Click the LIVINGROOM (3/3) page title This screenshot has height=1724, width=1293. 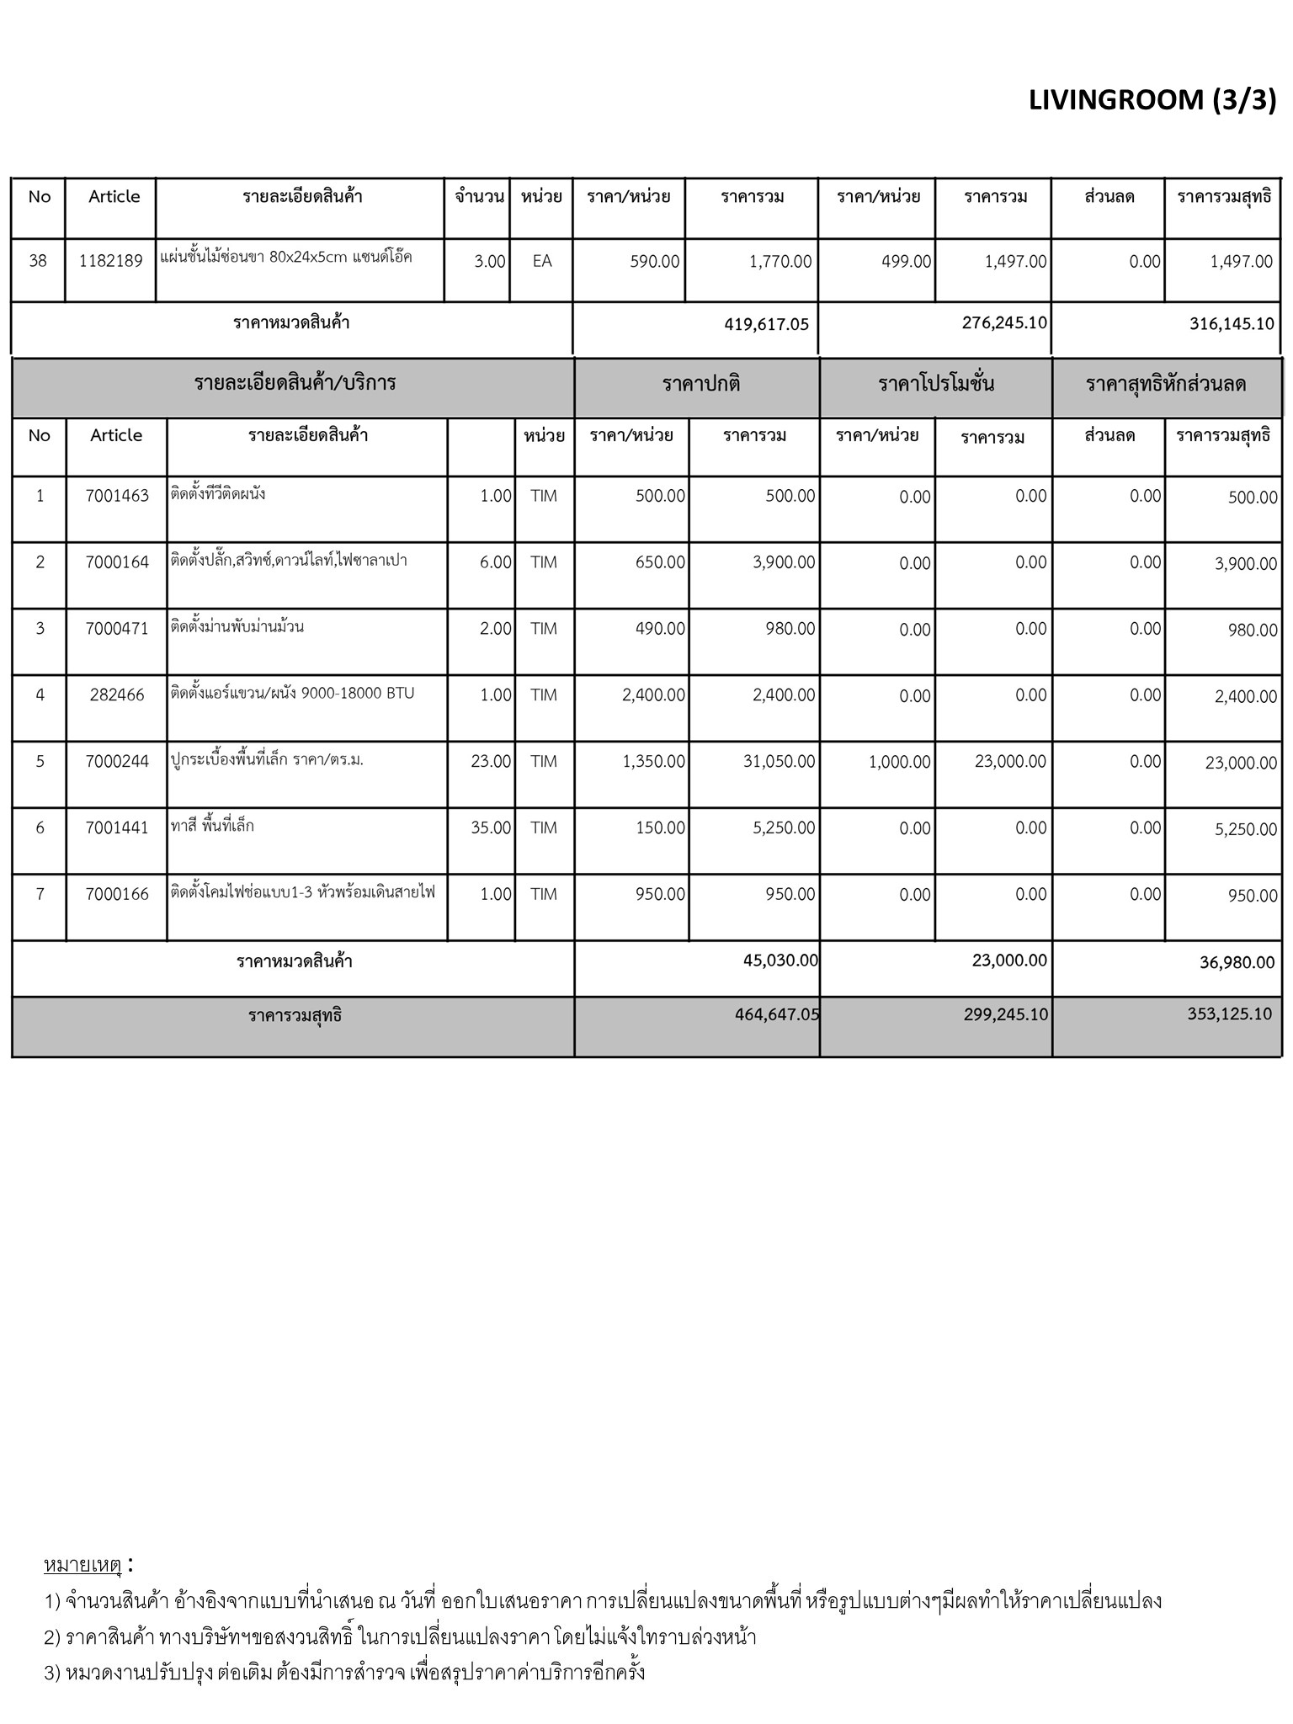coord(1152,100)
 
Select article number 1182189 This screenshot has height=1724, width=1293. coord(111,261)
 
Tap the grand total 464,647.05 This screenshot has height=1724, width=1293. coord(777,1014)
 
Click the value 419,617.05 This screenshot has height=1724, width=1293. coord(766,324)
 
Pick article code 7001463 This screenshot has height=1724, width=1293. coord(117,496)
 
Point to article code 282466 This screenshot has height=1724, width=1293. coord(117,695)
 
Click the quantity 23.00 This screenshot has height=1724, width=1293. coord(491,762)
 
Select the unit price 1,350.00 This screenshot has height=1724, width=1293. coord(653,762)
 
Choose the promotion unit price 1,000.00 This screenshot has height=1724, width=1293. coord(899,763)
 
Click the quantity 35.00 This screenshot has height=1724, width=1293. coord(491,828)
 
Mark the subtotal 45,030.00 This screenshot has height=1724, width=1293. coord(780,960)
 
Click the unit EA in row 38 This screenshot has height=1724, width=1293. coord(542,261)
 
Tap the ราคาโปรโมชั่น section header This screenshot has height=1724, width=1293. coord(935,385)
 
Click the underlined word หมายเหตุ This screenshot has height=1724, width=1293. coord(82,1566)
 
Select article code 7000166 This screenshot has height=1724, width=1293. coord(117,895)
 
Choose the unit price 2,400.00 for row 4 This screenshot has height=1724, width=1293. coord(653,695)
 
